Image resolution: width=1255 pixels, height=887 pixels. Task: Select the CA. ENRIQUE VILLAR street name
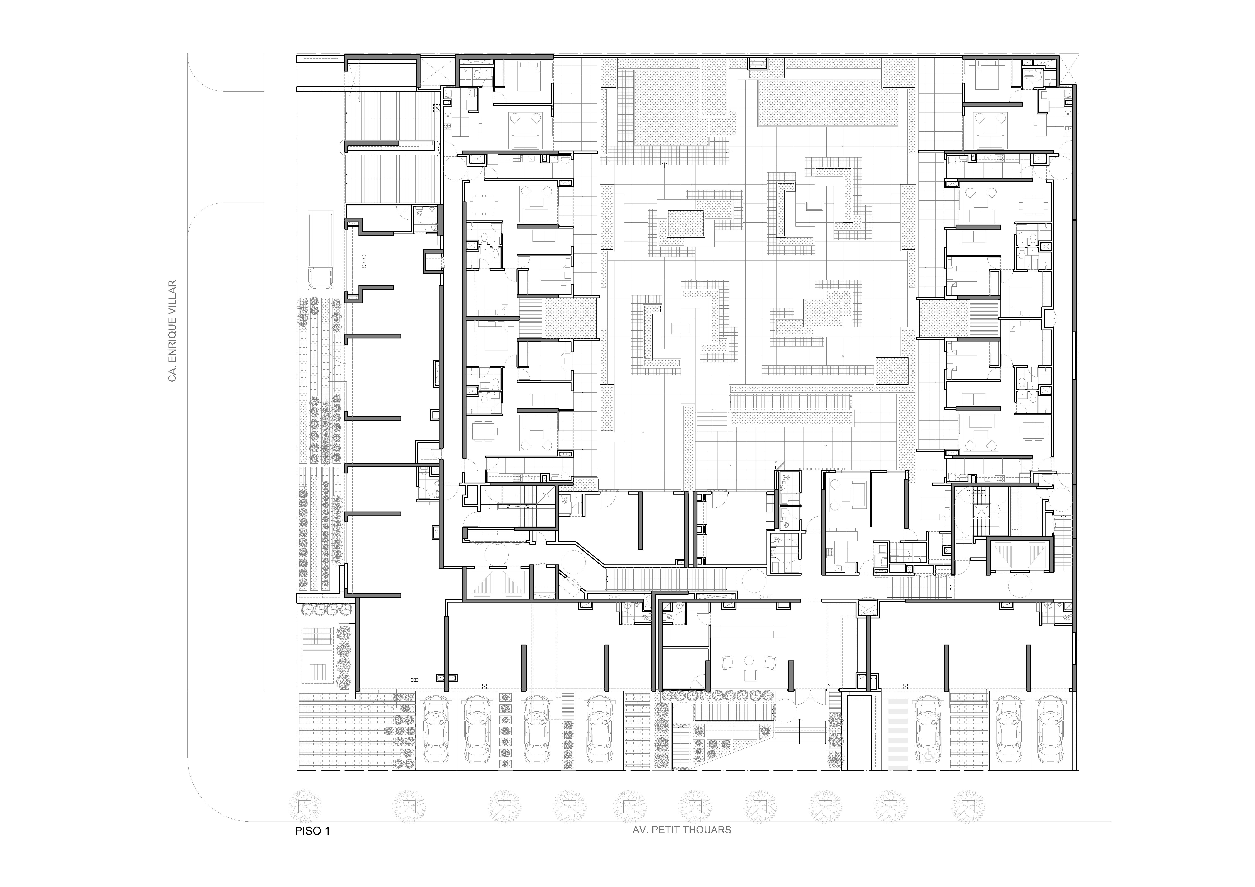click(173, 331)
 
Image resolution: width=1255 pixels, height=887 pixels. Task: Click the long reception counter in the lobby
click(753, 633)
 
